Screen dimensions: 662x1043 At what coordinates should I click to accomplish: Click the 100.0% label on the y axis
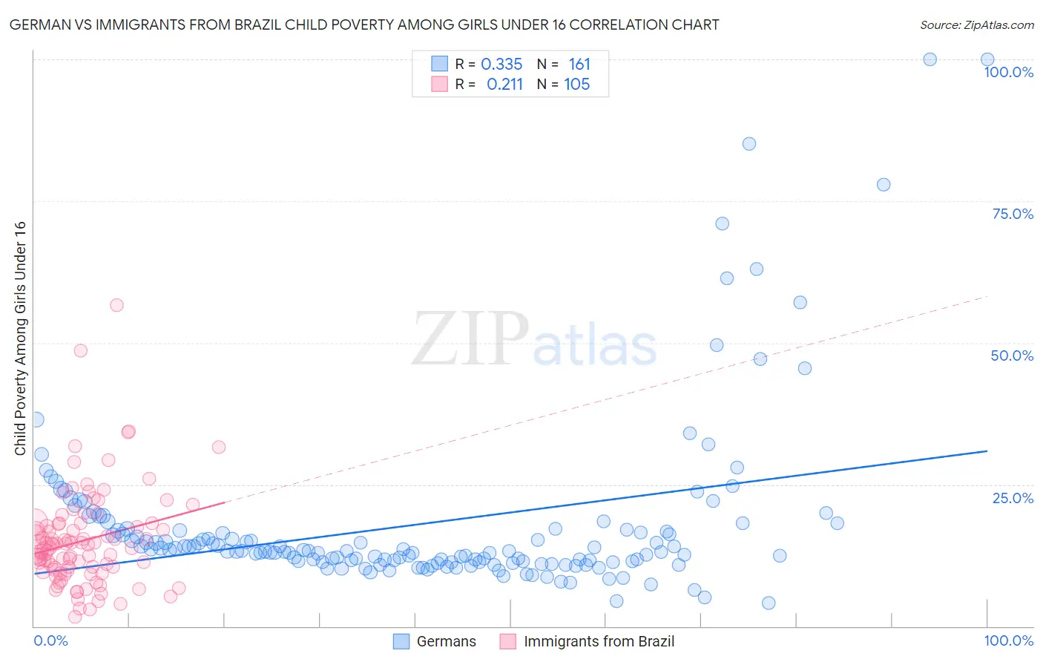(x=1008, y=72)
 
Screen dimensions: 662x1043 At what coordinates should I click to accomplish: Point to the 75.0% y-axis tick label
(x=1013, y=214)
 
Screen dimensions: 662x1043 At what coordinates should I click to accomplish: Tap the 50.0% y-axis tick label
(x=1012, y=355)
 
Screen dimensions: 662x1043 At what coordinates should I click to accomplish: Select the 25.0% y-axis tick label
(x=1013, y=498)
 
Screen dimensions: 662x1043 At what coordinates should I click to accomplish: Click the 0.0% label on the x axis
(x=50, y=640)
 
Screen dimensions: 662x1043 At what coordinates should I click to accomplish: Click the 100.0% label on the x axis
(x=1008, y=640)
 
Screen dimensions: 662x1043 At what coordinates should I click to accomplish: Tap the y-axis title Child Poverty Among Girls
(x=20, y=338)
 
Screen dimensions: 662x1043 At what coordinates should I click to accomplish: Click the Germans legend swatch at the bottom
(x=401, y=641)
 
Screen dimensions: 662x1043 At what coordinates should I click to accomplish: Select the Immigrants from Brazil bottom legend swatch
(x=508, y=641)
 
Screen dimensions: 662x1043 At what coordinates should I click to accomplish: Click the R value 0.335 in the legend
(x=501, y=65)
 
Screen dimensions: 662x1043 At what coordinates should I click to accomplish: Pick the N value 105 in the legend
(x=576, y=85)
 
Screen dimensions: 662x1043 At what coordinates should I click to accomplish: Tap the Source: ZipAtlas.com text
(x=976, y=24)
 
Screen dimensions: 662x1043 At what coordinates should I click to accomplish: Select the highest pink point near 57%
(x=116, y=305)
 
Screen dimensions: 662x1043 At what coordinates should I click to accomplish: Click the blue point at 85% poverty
(x=749, y=144)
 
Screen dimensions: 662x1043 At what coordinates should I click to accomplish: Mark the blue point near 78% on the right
(x=884, y=185)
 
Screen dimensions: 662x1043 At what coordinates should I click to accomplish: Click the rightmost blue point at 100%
(x=987, y=59)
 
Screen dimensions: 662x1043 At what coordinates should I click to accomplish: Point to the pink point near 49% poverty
(x=81, y=350)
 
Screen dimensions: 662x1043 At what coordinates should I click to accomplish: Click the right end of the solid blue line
(x=987, y=450)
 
